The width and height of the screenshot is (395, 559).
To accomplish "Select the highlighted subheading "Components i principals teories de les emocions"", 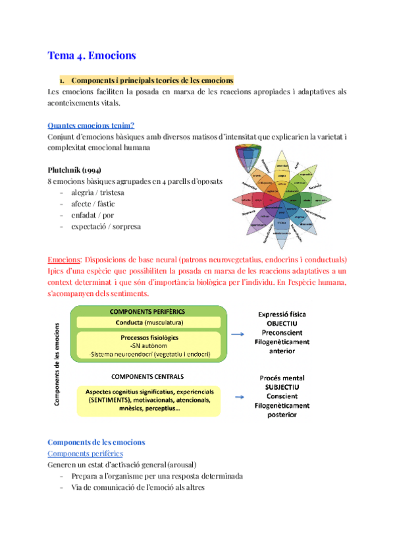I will pyautogui.click(x=152, y=80).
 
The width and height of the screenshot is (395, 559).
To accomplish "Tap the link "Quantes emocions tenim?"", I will pyautogui.click(x=92, y=125).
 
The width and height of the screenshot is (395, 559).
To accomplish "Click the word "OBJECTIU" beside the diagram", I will pyautogui.click(x=282, y=324).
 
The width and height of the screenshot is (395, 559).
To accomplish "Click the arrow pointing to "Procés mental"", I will pyautogui.click(x=240, y=397).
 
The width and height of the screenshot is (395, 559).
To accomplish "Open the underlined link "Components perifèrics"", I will pyautogui.click(x=86, y=454).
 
